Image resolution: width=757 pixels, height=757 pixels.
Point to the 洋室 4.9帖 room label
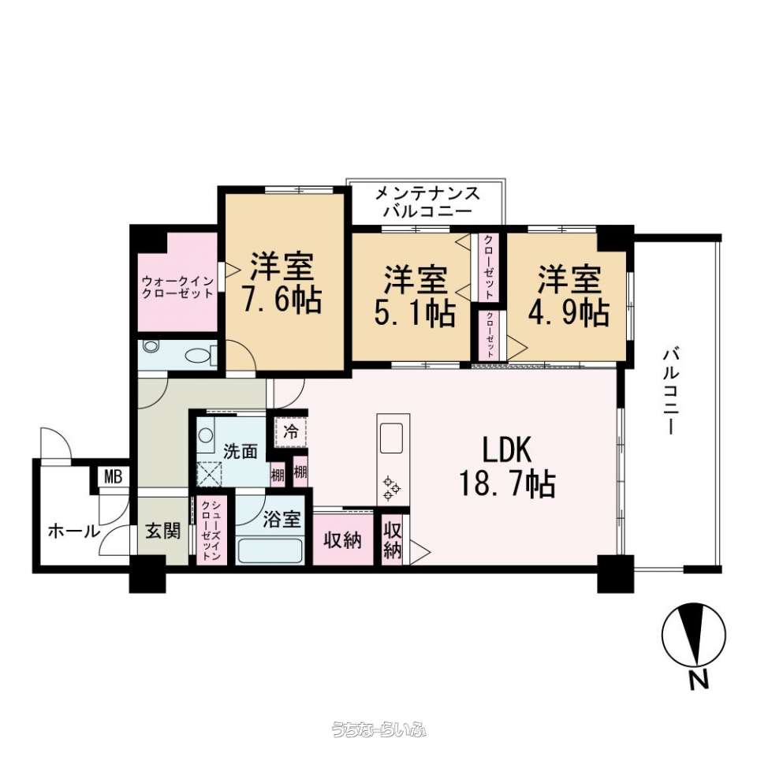click(x=569, y=296)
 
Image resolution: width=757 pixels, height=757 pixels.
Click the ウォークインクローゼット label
click(x=177, y=287)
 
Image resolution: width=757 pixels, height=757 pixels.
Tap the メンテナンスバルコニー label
click(x=427, y=203)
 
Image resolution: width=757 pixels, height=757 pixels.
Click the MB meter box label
click(x=114, y=477)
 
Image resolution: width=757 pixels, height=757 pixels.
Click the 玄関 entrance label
click(x=163, y=531)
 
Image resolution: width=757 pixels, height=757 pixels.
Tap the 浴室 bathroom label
click(x=282, y=520)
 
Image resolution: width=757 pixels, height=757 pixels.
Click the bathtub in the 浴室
click(x=270, y=551)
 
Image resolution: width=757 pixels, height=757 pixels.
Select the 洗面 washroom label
click(x=240, y=452)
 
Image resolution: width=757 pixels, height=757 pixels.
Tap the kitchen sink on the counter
click(x=391, y=438)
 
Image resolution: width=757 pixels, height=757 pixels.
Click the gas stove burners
click(x=391, y=489)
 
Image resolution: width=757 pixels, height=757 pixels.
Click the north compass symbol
click(x=694, y=635)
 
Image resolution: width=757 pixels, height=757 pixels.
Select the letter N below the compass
click(x=698, y=680)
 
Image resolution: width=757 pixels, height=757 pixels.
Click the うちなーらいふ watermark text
click(x=378, y=729)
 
